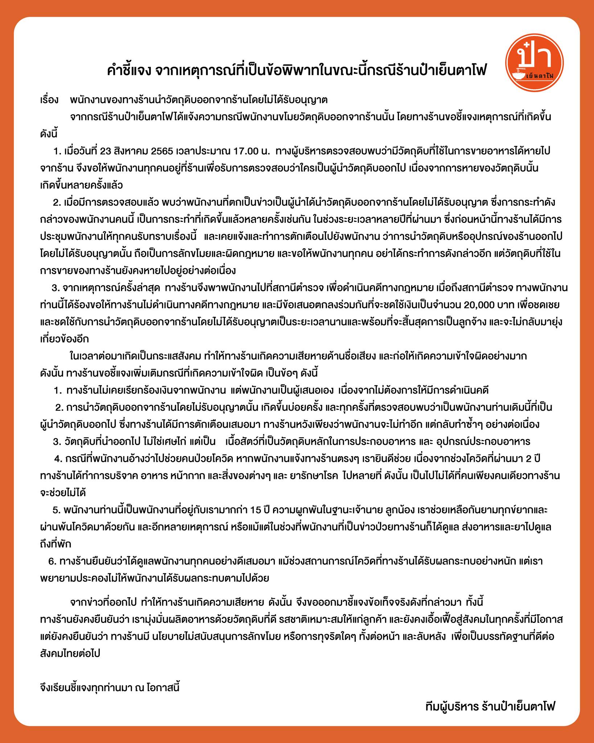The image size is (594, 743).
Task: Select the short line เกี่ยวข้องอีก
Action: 64,339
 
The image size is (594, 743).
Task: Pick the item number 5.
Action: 57,510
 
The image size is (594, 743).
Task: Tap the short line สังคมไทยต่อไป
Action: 70,654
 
